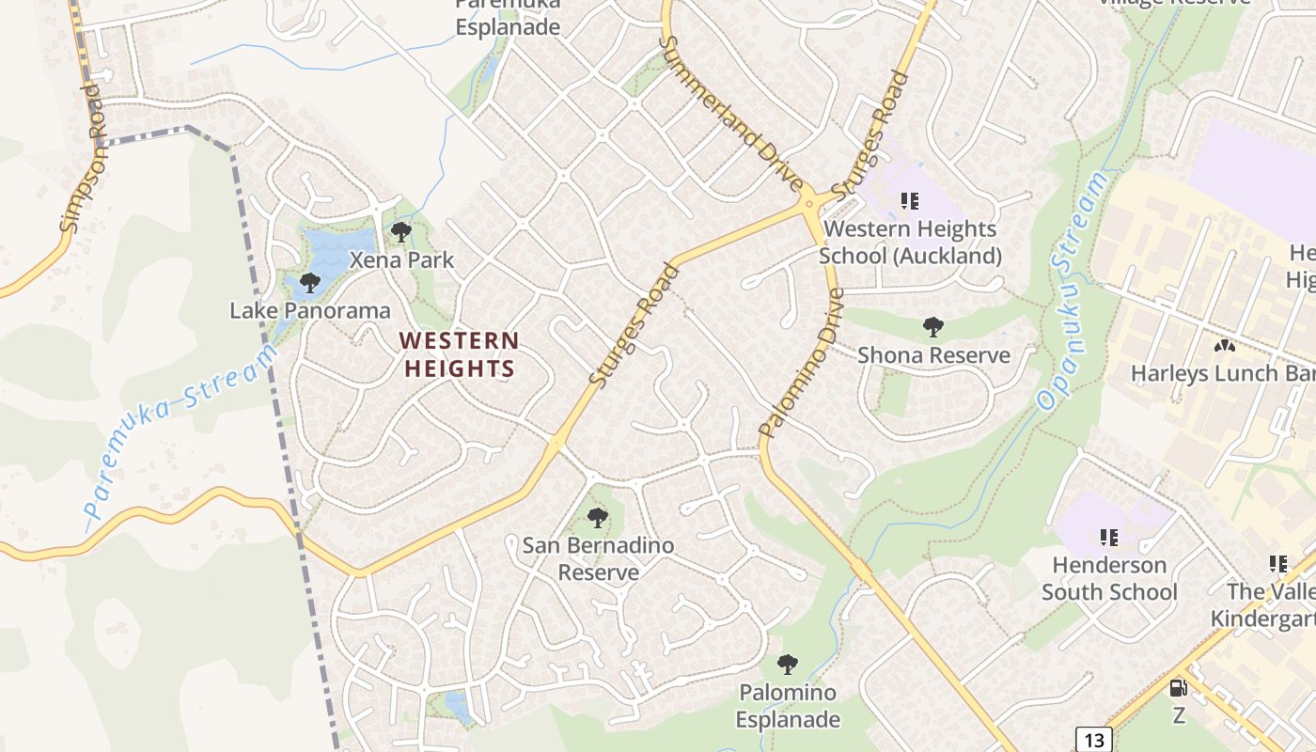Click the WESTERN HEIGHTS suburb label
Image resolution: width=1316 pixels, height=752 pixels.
[x=460, y=353]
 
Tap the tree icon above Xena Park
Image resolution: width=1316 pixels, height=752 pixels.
[x=401, y=232]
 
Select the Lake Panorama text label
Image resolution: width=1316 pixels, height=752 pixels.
[x=310, y=310]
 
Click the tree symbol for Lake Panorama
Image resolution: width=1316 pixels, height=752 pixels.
[x=310, y=282]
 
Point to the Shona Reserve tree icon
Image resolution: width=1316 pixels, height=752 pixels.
[x=933, y=327]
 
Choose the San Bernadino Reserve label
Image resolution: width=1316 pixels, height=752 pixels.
[x=598, y=558]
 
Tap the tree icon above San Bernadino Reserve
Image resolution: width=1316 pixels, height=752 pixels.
[x=597, y=517]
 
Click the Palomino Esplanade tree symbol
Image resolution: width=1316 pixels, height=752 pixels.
[x=788, y=665]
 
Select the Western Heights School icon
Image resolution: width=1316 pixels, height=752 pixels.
[x=909, y=200]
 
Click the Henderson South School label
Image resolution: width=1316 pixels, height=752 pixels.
[x=1109, y=578]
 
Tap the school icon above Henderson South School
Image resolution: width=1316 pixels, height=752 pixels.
[x=1109, y=538]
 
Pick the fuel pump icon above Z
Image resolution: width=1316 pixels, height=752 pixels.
[x=1178, y=688]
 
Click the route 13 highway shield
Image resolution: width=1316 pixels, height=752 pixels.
[x=1094, y=740]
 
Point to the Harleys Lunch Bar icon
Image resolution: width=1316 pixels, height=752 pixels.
[x=1224, y=346]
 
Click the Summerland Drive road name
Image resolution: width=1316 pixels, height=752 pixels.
[x=729, y=113]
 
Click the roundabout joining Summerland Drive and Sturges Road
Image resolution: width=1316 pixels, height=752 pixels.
[x=807, y=203]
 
